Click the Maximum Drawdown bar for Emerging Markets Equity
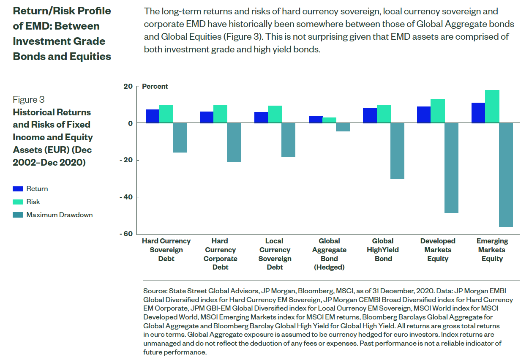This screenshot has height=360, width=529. click(506, 175)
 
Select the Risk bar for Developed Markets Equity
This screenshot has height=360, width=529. click(438, 111)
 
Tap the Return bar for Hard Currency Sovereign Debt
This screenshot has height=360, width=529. click(153, 116)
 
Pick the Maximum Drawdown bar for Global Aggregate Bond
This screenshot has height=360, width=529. click(343, 127)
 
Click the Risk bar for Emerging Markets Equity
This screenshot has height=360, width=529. click(492, 106)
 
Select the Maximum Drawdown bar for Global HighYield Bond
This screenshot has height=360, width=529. click(397, 150)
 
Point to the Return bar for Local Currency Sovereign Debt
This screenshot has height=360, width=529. click(261, 117)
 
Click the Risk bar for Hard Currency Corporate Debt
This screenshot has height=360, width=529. click(221, 114)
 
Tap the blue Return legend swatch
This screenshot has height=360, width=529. click(18, 189)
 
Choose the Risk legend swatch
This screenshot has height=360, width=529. click(18, 202)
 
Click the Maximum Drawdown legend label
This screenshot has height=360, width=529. click(60, 215)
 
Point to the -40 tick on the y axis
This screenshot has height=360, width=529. click(126, 197)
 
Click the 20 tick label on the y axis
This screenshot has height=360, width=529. click(128, 87)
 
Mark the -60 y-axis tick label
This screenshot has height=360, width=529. click(126, 234)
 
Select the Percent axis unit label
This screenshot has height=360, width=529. click(155, 87)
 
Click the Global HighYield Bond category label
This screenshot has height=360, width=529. click(383, 250)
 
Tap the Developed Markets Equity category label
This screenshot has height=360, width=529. click(438, 250)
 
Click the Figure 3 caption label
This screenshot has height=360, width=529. click(29, 99)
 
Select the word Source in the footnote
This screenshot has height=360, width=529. click(155, 291)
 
